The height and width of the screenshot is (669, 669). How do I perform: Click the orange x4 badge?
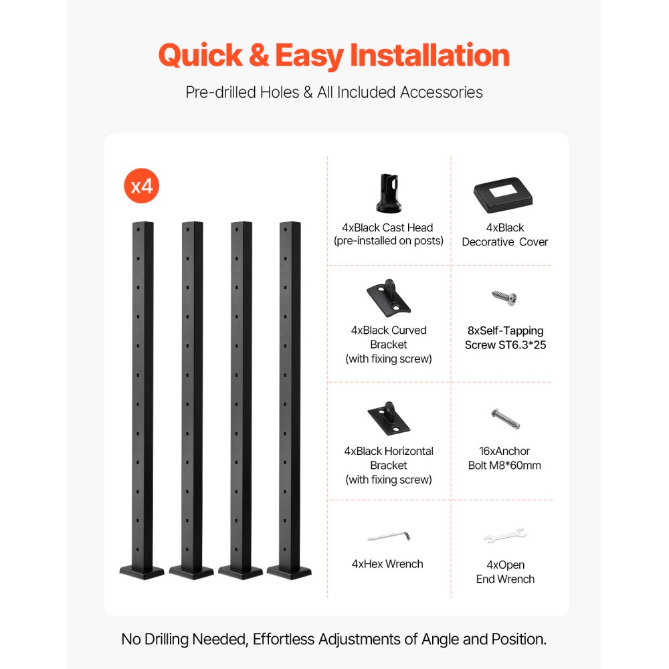pos(142,185)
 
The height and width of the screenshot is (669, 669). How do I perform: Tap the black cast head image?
pos(389,193)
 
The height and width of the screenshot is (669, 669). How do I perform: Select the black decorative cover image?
pos(505,194)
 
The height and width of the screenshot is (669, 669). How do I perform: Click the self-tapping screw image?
pos(504,298)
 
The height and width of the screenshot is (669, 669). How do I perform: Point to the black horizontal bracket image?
pos(389,419)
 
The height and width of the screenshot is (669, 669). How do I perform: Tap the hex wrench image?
pos(388,537)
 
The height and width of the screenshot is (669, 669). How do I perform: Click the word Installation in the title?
pos(430,56)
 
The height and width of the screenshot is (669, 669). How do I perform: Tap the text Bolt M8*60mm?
pos(504,465)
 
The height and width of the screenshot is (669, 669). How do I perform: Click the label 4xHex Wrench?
pos(387,564)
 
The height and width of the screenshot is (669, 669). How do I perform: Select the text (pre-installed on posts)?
pos(389,241)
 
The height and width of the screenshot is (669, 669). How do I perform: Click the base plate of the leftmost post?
pos(142,573)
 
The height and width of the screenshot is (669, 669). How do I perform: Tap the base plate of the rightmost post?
pos(289,573)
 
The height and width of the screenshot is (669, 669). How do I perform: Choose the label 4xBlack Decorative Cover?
pos(505,235)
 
